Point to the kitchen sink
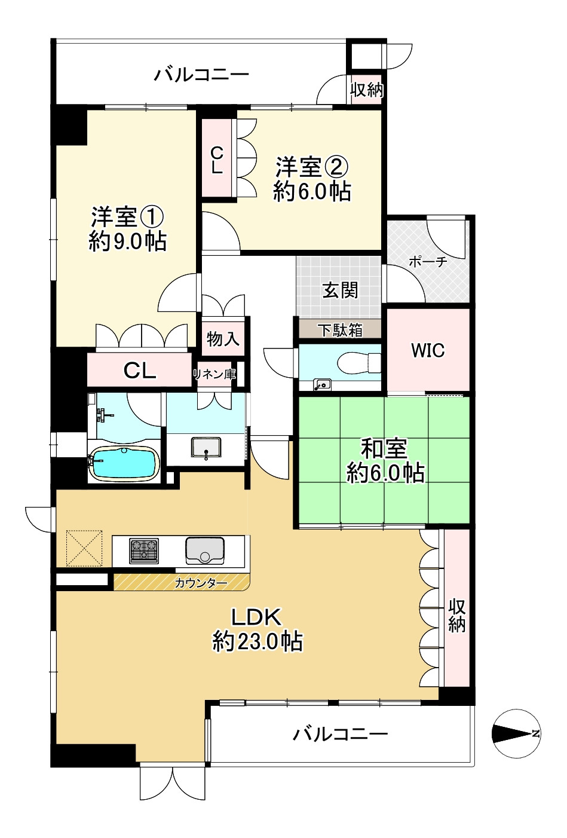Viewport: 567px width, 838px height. [205, 550]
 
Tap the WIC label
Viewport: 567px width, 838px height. [428, 350]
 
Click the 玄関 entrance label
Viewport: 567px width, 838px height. [340, 290]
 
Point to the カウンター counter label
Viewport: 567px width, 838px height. [201, 583]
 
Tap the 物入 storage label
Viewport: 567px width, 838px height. [223, 339]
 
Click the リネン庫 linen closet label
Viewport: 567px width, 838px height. [214, 375]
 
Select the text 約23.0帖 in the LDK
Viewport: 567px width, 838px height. [258, 642]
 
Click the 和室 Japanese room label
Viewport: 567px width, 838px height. [384, 448]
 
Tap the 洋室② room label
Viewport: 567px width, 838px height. [311, 166]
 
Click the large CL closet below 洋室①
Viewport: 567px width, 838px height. [140, 371]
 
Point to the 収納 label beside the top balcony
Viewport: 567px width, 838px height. [366, 90]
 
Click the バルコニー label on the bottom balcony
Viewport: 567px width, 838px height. [341, 733]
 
